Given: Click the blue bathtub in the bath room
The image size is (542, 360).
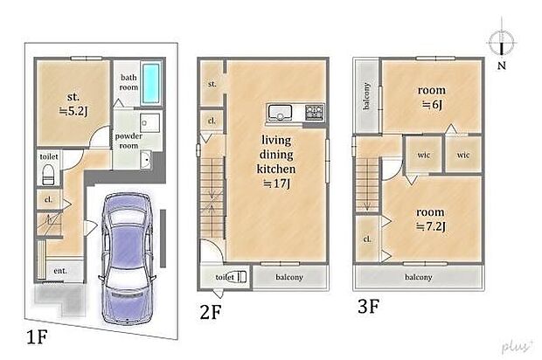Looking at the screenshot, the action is pos(151,83).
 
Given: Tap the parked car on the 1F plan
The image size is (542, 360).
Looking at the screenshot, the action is pos(128,259).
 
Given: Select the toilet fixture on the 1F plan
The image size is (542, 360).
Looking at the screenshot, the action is pos(48,175).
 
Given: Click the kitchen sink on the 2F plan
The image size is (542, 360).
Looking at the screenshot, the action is pos(280,113).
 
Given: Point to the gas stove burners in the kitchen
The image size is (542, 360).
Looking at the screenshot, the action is pos(315,113).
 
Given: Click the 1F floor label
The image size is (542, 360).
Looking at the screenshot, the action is pos(37,337).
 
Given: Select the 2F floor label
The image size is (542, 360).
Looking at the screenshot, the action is pos(210,312).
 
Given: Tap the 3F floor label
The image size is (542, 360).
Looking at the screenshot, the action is pos(369,306).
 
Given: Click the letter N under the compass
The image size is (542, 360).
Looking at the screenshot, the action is pos(502,66).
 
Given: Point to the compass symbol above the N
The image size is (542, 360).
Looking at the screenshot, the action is pos(502,42).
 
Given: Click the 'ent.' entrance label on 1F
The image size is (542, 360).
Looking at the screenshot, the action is pos(60,271).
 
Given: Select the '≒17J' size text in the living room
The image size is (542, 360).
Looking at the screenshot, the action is pos(276,183).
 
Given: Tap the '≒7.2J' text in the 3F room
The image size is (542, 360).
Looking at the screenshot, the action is pos(431,226).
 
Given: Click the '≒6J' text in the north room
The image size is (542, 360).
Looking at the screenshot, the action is pos(432,104).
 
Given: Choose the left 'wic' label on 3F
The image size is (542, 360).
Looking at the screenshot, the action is pos(424,155).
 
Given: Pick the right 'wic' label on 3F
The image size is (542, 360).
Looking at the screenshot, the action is pos(463,155).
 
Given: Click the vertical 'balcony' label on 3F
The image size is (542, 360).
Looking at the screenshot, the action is pos(367,96).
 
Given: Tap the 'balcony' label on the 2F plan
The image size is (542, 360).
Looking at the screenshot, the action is pos(289,277).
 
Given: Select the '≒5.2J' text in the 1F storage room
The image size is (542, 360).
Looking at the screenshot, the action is pos(73,111).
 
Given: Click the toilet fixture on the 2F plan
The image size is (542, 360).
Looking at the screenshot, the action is pos(240,276).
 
